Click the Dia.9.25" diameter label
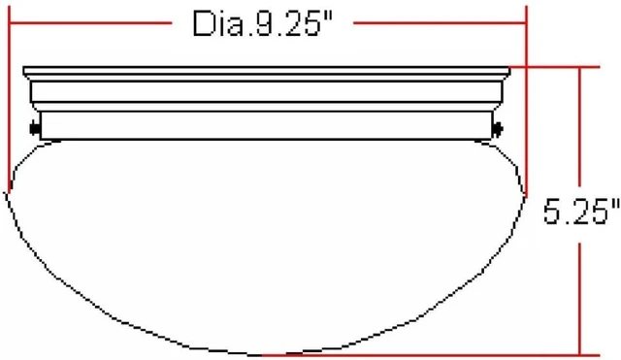[262, 23]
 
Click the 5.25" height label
[581, 212]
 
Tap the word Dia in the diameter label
[217, 23]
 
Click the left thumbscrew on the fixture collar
[35, 128]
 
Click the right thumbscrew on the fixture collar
[497, 129]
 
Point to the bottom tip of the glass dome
[259, 355]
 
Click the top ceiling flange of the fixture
[267, 72]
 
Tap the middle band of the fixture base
[267, 91]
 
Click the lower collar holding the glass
[266, 125]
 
